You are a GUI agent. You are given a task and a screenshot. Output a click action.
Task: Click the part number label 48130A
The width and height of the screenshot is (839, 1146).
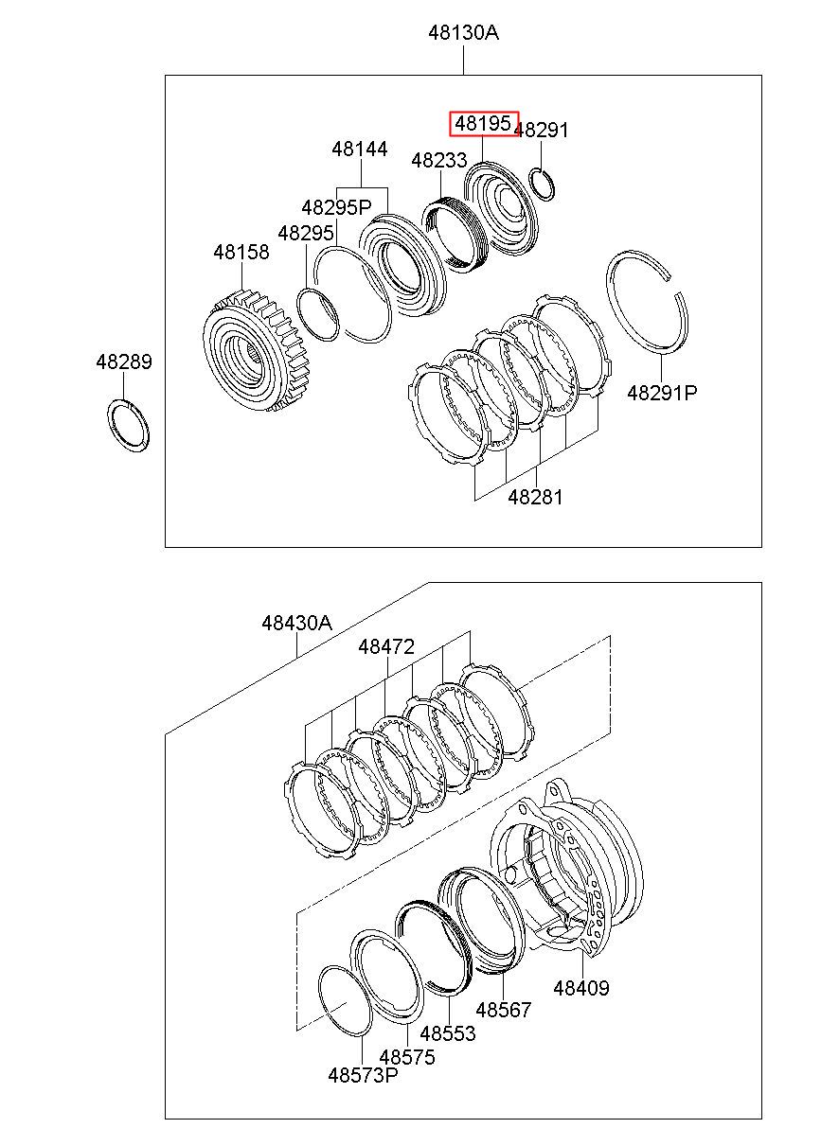tap(463, 33)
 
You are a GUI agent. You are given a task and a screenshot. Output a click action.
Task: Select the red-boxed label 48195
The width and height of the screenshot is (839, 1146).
tap(483, 123)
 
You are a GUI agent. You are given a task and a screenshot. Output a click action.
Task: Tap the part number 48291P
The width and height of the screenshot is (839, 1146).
tap(662, 392)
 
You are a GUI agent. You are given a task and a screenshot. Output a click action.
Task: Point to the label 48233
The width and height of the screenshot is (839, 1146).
tap(439, 161)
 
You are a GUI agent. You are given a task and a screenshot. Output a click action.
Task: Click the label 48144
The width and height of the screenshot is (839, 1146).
tap(360, 150)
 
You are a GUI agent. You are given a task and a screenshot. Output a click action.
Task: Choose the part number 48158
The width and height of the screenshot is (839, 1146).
tap(241, 252)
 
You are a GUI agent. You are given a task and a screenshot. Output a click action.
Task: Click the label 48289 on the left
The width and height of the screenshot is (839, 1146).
tap(123, 361)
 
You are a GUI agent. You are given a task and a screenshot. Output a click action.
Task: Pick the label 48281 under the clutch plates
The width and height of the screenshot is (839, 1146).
tap(535, 497)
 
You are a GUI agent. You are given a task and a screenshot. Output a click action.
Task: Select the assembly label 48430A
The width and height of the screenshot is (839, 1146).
tap(297, 623)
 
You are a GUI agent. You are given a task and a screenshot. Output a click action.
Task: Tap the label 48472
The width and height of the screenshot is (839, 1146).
tap(386, 647)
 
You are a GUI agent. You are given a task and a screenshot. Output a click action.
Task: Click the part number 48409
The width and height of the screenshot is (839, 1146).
tap(581, 988)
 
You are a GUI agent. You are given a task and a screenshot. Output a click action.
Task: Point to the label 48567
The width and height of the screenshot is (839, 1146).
tap(504, 1010)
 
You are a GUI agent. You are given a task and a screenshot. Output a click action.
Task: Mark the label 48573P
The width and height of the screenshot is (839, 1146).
tap(364, 1075)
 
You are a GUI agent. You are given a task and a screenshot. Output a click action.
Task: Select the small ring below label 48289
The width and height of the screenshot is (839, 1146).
tap(127, 426)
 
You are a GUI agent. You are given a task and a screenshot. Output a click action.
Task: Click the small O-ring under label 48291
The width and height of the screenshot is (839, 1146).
tap(542, 183)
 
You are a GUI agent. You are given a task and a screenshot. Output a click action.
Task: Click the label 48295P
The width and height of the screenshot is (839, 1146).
tap(337, 207)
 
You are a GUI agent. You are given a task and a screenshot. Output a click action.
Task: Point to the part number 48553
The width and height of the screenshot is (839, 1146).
tap(448, 1033)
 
